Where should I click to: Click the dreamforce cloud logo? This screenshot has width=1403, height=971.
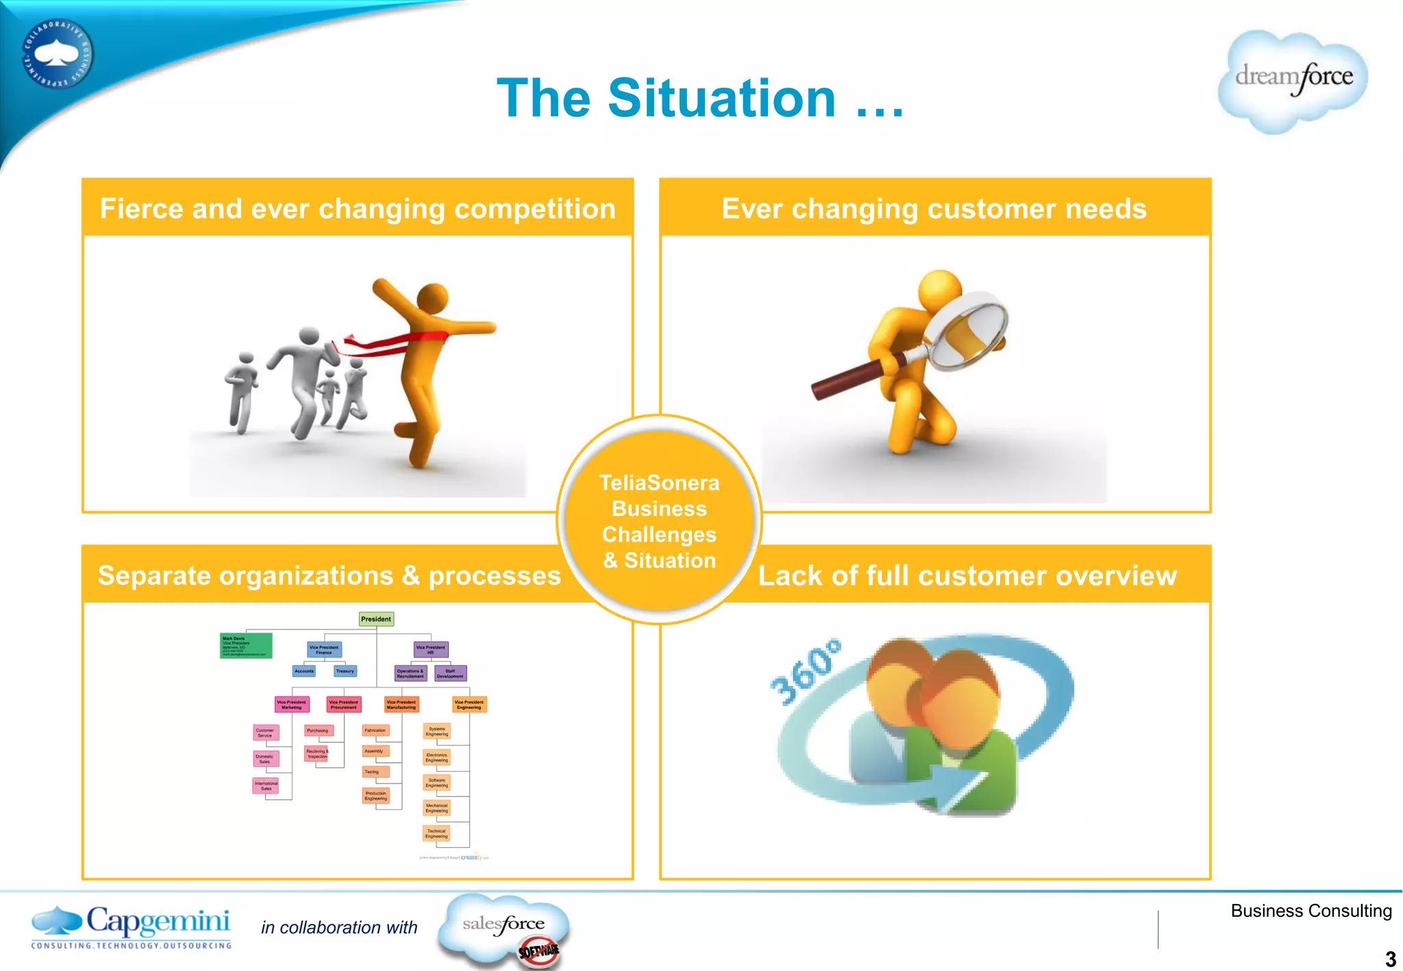(1293, 80)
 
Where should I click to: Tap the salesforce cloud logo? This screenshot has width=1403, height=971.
(504, 928)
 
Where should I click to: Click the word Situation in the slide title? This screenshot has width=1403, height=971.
(721, 98)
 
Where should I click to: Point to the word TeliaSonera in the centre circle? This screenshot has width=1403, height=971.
(659, 483)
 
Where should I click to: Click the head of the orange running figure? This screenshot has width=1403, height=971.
(432, 297)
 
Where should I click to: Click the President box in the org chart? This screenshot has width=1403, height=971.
(376, 619)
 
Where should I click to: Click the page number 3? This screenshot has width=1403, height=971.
(1390, 958)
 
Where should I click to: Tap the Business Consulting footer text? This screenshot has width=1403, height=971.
(1311, 911)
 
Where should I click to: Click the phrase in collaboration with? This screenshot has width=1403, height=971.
(339, 928)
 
